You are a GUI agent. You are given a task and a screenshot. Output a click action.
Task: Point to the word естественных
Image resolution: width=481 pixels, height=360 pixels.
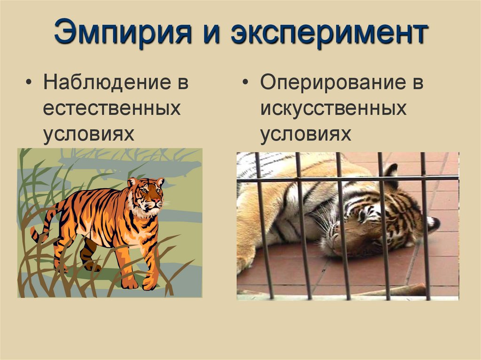pyautogui.click(x=112, y=109)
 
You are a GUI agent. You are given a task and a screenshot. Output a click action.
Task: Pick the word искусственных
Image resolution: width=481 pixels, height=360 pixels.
pyautogui.click(x=334, y=109)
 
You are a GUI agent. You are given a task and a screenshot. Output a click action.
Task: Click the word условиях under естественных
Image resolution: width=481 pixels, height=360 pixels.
pyautogui.click(x=89, y=134)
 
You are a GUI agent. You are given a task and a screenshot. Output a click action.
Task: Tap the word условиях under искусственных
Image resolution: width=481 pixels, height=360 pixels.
pyautogui.click(x=306, y=134)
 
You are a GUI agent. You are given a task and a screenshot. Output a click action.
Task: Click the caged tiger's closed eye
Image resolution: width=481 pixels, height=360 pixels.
pyautogui.click(x=362, y=216)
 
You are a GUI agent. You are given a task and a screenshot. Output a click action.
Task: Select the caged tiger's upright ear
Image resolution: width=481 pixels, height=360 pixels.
pyautogui.click(x=390, y=171)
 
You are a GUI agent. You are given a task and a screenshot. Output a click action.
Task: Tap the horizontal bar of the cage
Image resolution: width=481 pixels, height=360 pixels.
pyautogui.click(x=348, y=178)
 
